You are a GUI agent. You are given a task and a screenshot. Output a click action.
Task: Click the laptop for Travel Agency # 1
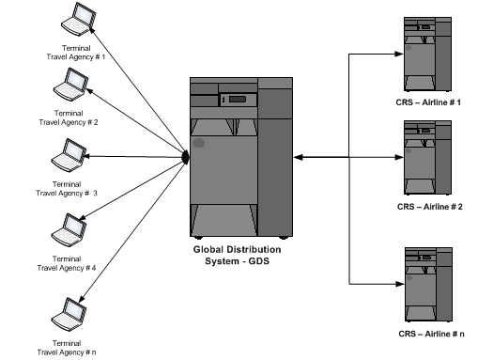tap(78, 20)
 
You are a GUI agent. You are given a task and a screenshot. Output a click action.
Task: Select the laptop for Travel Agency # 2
tap(70, 85)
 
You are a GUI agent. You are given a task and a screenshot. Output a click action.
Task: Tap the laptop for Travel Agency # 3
tap(69, 155)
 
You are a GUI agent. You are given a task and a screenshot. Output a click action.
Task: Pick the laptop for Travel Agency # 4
tap(69, 230)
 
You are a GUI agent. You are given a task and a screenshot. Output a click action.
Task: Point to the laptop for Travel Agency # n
tap(69, 314)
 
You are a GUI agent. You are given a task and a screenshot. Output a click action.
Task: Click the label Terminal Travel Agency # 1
tap(76, 53)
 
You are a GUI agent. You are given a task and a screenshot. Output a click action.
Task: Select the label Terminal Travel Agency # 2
tap(69, 117)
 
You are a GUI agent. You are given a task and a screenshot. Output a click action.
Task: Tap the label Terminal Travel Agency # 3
tap(67, 189)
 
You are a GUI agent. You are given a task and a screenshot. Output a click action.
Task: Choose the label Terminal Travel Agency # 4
tap(67, 263)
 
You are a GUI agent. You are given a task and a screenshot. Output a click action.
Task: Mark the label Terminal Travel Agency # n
tap(67, 348)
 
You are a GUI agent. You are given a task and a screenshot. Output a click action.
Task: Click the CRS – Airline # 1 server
tap(427, 55)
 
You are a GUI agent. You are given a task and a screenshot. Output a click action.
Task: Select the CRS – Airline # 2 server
tap(427, 158)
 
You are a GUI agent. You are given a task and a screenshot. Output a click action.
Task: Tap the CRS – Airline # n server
tap(428, 285)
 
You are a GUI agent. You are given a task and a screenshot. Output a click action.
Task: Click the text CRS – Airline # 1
tap(428, 102)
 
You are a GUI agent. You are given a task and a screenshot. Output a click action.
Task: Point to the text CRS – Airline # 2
tap(430, 207)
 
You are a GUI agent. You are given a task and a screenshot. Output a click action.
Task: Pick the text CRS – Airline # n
tap(431, 334)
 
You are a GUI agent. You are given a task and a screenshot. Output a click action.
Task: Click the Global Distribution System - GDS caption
tap(237, 255)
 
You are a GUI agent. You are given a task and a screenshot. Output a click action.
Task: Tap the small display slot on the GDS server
tap(238, 100)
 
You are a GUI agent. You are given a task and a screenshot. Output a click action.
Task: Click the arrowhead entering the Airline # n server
tap(400, 284)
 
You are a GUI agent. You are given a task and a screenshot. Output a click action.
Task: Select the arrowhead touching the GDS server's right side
tap(299, 157)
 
